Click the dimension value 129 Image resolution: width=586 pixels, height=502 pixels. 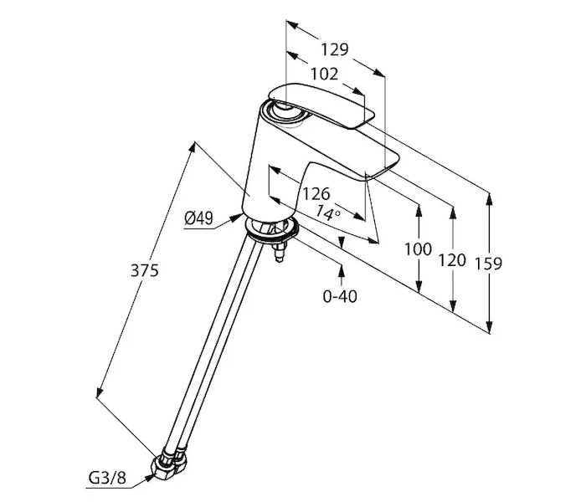pyautogui.click(x=333, y=49)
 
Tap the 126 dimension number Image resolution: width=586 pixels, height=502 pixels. pyautogui.click(x=316, y=194)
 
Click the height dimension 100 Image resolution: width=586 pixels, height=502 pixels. pyautogui.click(x=418, y=249)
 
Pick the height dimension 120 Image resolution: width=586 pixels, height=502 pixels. pyautogui.click(x=451, y=260)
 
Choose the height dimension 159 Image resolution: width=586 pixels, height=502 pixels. pyautogui.click(x=487, y=264)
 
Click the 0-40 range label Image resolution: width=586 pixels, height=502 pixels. pyautogui.click(x=341, y=296)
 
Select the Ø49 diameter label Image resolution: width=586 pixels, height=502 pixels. pyautogui.click(x=198, y=218)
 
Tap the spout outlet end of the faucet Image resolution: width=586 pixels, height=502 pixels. pyautogui.click(x=382, y=171)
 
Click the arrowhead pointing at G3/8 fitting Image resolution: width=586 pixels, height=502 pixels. pyautogui.click(x=148, y=478)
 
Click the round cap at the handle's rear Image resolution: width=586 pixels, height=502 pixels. pyautogui.click(x=276, y=108)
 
